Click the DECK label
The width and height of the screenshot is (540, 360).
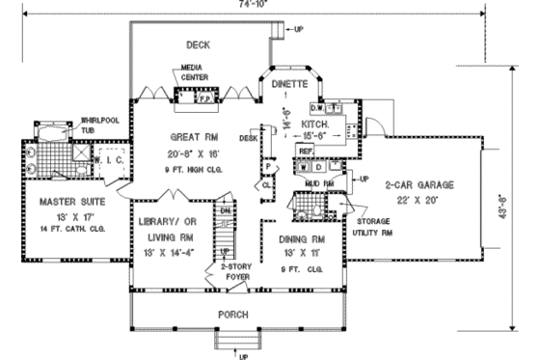[x=197, y=44]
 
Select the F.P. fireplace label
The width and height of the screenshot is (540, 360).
[x=204, y=97]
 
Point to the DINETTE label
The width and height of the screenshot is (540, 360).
[x=288, y=84]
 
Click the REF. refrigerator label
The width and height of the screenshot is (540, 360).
[x=306, y=152]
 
